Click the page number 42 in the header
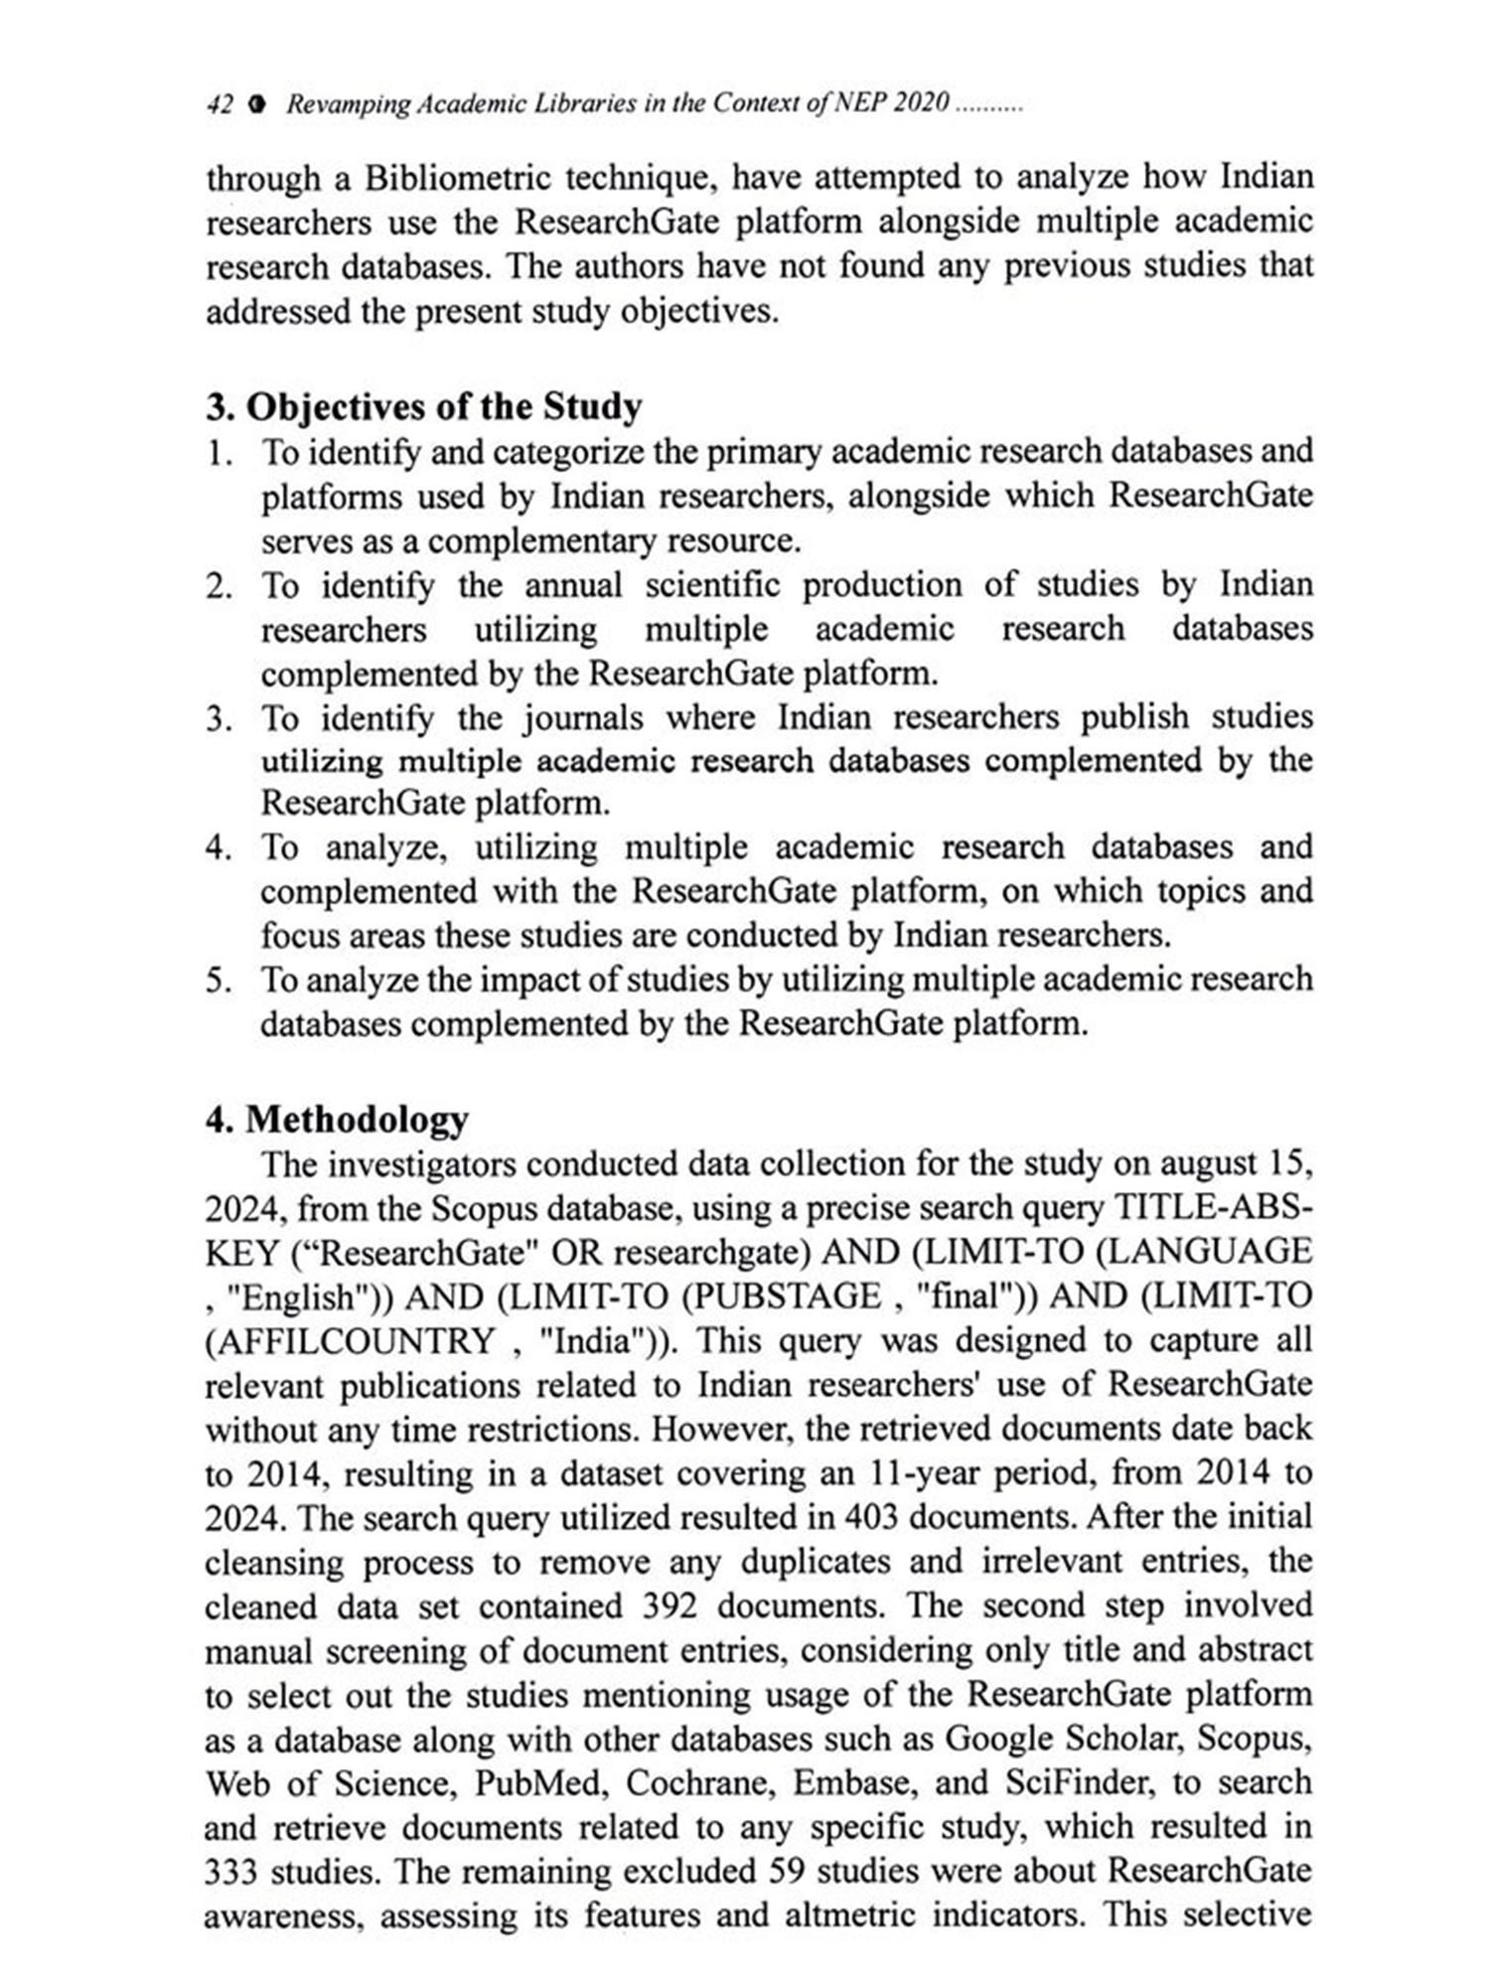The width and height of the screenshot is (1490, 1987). click(219, 104)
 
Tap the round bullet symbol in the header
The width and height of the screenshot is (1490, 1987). click(258, 104)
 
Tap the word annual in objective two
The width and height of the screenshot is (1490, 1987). click(573, 585)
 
